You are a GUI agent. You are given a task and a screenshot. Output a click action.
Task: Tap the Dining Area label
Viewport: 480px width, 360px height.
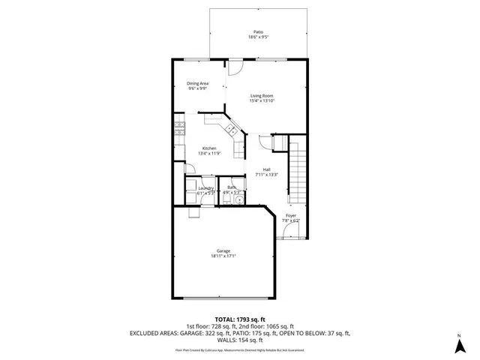click(x=198, y=82)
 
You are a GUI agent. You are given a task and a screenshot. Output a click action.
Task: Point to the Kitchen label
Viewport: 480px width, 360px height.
click(x=209, y=148)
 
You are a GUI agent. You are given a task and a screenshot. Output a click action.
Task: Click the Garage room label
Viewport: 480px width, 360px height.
click(x=223, y=250)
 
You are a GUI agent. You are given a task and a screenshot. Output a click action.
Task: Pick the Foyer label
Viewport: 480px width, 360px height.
click(x=290, y=216)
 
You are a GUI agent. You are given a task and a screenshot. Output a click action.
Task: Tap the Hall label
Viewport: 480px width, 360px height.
click(x=267, y=169)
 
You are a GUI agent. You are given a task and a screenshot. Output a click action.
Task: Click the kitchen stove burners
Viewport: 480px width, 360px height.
click(x=179, y=130)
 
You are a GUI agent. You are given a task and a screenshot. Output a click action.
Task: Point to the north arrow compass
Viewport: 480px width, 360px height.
click(x=458, y=344)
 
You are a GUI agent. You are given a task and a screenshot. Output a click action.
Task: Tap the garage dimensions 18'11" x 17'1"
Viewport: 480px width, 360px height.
click(x=223, y=256)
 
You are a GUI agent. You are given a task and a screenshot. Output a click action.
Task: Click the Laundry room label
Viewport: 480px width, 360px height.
click(x=206, y=187)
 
